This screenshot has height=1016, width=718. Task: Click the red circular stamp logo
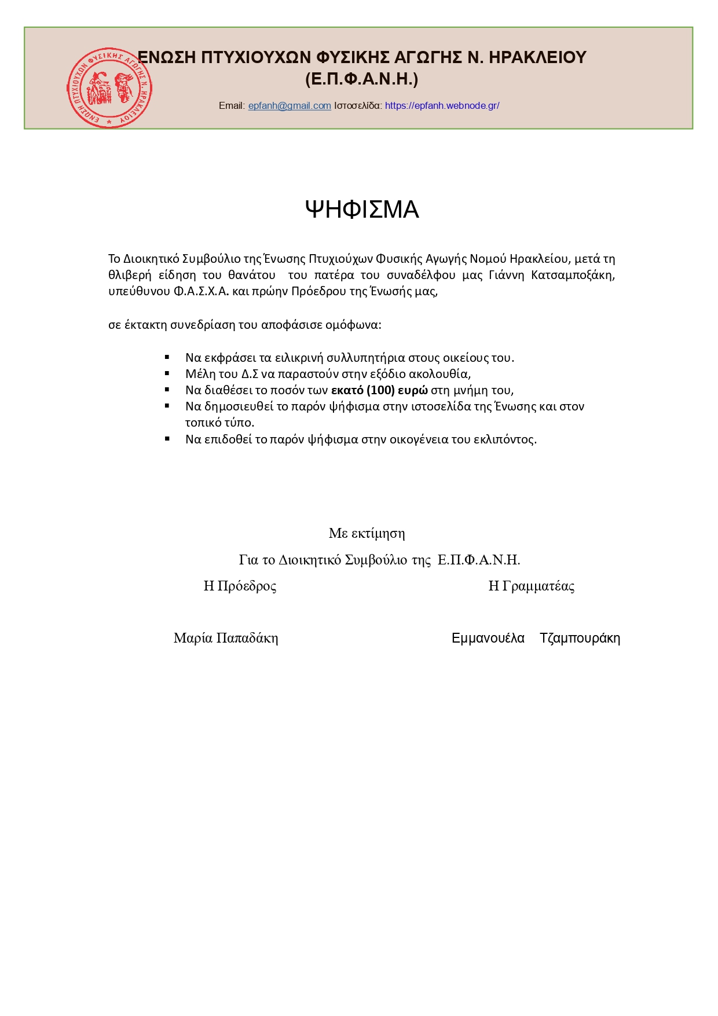pyautogui.click(x=109, y=87)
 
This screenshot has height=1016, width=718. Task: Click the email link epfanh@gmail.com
pyautogui.click(x=290, y=105)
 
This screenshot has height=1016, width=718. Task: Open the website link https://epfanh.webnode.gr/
pyautogui.click(x=442, y=105)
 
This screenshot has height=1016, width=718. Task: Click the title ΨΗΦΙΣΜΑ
pyautogui.click(x=361, y=210)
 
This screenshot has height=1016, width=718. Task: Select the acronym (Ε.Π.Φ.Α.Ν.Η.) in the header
pyautogui.click(x=361, y=79)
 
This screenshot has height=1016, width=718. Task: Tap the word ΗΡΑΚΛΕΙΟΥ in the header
pyautogui.click(x=538, y=57)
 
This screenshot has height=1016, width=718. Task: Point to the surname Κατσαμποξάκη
pyautogui.click(x=572, y=275)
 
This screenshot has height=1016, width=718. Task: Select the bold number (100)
pyautogui.click(x=381, y=390)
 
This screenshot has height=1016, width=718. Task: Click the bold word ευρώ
pyautogui.click(x=413, y=390)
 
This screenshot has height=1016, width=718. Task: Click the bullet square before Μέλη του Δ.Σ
pyautogui.click(x=167, y=373)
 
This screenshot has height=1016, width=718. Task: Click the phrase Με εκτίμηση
pyautogui.click(x=367, y=533)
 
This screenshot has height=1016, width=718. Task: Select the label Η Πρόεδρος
pyautogui.click(x=240, y=586)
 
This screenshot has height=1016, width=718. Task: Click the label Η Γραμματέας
pyautogui.click(x=531, y=586)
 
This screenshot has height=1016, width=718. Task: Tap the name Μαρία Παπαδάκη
pyautogui.click(x=226, y=638)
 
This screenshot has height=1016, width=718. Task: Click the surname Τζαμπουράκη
pyautogui.click(x=580, y=638)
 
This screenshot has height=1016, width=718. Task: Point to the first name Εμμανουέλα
pyautogui.click(x=488, y=638)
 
